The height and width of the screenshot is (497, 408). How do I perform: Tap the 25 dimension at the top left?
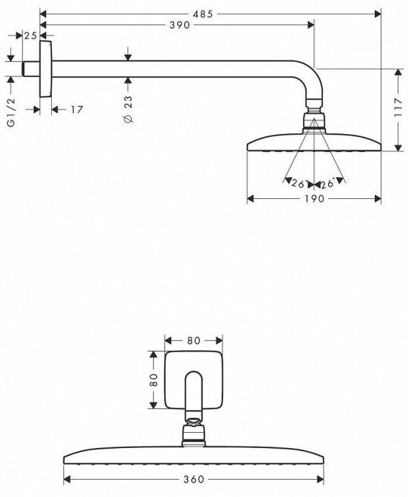coord(31,35)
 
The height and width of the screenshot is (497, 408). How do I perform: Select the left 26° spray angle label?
coord(299,184)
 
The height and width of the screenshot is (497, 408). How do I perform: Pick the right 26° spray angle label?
coord(329,184)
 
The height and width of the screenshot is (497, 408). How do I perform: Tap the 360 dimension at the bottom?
coord(193,479)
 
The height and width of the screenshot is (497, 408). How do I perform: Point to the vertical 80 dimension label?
coord(153,380)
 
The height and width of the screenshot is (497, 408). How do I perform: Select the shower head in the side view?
coord(314,142)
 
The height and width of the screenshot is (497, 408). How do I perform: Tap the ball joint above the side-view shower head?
coord(314,119)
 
